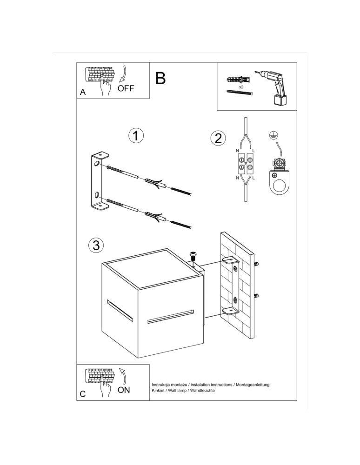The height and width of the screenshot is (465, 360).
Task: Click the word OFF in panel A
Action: coord(126,88)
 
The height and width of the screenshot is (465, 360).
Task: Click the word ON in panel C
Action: coord(124,390)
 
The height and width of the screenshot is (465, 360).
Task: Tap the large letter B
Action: coord(160,78)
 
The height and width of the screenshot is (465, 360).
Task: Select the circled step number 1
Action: coord(135,136)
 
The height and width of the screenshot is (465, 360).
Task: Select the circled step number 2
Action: coord(218,138)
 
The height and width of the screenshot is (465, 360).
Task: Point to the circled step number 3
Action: coord(95,245)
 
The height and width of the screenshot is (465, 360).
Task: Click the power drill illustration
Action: coord(275,88)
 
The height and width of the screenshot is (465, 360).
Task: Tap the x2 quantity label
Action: coord(241,87)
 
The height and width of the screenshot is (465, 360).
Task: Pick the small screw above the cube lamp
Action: coord(193,255)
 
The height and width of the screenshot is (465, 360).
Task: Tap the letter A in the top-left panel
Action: coord(83,92)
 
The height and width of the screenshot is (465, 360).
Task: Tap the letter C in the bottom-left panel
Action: coord(83,394)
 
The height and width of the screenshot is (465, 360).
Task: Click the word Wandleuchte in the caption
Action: coord(201,391)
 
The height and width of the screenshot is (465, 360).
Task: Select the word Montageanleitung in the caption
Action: coord(252,385)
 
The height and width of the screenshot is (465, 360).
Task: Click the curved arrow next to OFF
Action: coord(123,74)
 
